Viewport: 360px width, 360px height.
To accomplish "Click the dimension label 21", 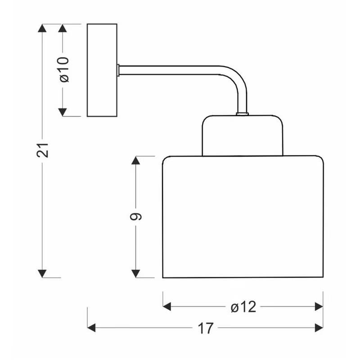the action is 43,150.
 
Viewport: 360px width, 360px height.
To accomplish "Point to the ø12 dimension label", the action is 243,307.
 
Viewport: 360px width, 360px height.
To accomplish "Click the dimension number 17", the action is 206,328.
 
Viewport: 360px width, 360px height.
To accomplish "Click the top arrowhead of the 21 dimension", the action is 42,28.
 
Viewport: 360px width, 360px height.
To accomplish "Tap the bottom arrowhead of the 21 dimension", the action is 42,274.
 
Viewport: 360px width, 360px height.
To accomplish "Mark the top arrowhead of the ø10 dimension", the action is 63,28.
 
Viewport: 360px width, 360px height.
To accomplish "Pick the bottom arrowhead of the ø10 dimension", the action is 63,112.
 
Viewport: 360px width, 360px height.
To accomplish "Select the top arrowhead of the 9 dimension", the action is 136,160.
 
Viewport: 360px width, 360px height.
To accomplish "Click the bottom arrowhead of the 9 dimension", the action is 136,274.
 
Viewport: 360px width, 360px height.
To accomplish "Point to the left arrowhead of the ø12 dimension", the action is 167,306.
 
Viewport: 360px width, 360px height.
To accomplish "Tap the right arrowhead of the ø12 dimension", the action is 319,306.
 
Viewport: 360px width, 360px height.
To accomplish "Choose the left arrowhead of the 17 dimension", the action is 91,328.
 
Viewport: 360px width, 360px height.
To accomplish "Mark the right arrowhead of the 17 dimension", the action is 319,328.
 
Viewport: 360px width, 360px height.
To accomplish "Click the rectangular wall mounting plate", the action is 102,70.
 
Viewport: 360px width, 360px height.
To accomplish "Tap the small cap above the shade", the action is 243,135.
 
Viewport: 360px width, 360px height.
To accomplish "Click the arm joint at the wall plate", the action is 118,70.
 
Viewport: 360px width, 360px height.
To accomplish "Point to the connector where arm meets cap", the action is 243,114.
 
